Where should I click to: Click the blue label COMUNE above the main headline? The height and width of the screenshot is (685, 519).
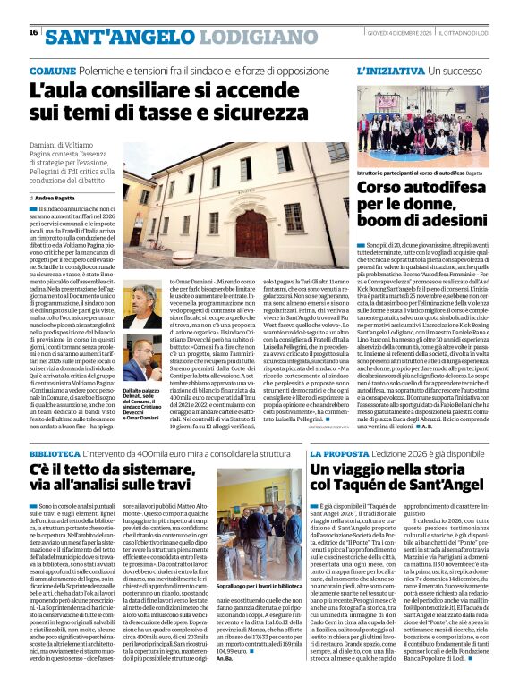click(x=53, y=70)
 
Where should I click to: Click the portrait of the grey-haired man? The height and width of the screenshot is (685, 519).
click(x=141, y=308)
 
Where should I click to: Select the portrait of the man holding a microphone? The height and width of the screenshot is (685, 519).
click(x=141, y=367)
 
